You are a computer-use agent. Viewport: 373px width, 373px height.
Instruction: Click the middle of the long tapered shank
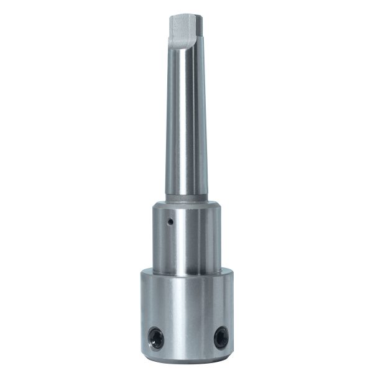pos(186,124)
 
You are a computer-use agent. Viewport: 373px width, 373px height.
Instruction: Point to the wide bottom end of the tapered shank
pos(186,190)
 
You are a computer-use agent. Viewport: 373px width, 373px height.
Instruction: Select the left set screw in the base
pos(155,338)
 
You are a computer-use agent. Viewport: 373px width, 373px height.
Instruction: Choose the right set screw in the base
pos(220,338)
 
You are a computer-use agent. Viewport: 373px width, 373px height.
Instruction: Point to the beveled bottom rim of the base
pos(186,359)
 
